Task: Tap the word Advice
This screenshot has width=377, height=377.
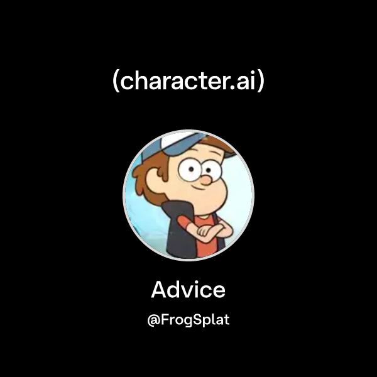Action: (188, 290)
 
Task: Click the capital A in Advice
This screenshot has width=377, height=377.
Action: (160, 290)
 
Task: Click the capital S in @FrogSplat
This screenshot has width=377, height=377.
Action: (194, 320)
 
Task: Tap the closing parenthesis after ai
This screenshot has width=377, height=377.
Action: (261, 82)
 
